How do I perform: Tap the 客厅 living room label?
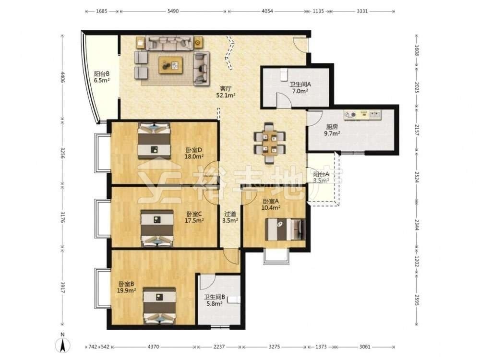tap(226, 88)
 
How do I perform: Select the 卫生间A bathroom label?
tap(300, 84)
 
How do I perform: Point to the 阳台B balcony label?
tap(102, 74)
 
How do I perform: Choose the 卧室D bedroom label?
tap(194, 150)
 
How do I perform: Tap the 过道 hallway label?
tap(230, 214)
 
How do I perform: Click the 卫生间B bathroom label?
tap(215, 297)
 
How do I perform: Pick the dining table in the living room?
tap(269, 143)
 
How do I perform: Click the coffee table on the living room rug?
tap(170, 65)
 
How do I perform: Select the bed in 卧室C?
tap(157, 228)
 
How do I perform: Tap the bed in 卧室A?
tap(285, 229)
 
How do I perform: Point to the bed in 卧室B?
tap(159, 305)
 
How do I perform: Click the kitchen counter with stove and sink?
tap(362, 115)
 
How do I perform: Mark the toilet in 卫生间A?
tap(284, 73)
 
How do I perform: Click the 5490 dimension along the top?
tap(173, 12)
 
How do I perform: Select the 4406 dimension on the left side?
tap(63, 77)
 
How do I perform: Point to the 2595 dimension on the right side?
tap(417, 300)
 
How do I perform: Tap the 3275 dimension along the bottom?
tap(274, 347)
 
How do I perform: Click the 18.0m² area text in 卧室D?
tap(194, 157)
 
